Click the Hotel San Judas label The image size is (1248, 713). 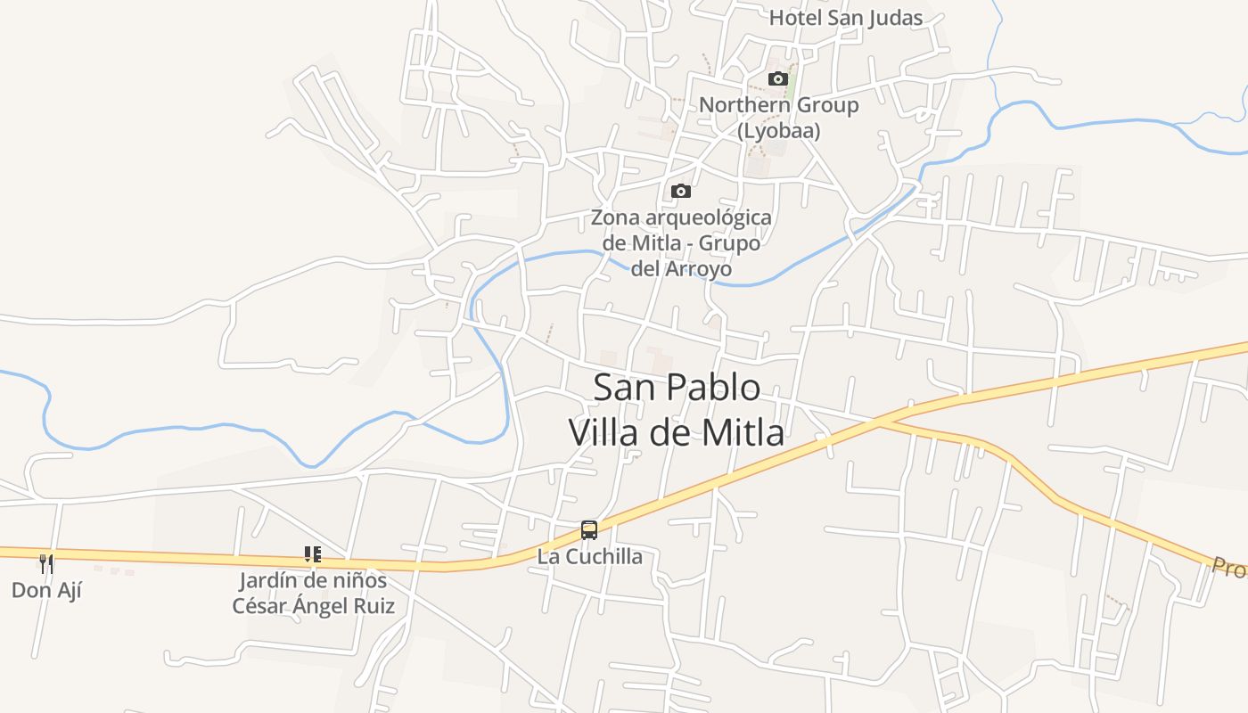click(x=846, y=18)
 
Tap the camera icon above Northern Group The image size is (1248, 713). click(x=778, y=78)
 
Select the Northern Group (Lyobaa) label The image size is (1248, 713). click(x=778, y=117)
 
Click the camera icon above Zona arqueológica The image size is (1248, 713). click(x=680, y=191)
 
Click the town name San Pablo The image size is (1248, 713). click(x=677, y=388)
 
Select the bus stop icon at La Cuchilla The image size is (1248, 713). click(x=588, y=530)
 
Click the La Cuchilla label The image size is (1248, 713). click(x=589, y=557)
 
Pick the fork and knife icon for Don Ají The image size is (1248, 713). click(x=46, y=562)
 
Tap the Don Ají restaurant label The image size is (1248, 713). click(x=46, y=589)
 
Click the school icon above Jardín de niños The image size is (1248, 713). click(x=312, y=554)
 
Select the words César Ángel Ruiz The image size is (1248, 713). click(x=313, y=606)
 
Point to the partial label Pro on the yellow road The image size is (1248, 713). click(x=1228, y=567)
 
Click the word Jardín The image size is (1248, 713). click(x=266, y=581)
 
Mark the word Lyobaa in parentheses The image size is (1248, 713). click(x=778, y=130)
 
